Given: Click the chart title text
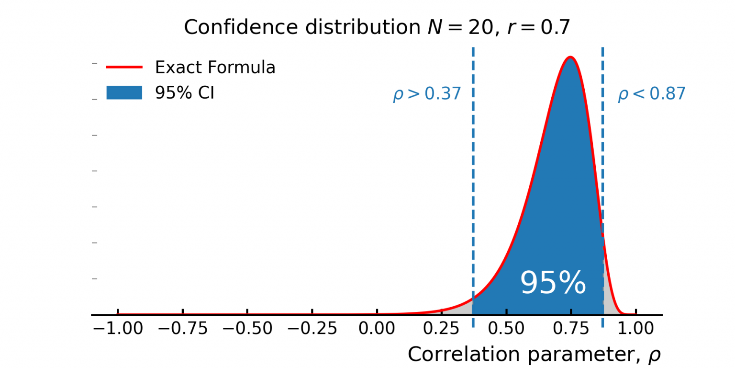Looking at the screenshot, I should pyautogui.click(x=377, y=27).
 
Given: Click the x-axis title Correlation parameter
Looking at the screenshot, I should pyautogui.click(x=534, y=355).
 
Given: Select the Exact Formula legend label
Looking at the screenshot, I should pyautogui.click(x=215, y=68).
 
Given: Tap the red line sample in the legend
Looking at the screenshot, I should pyautogui.click(x=124, y=68).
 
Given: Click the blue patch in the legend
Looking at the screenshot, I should pyautogui.click(x=124, y=93).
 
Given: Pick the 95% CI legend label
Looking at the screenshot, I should pyautogui.click(x=184, y=93).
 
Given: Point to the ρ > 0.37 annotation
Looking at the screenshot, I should pyautogui.click(x=427, y=94).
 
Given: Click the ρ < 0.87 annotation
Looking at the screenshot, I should pyautogui.click(x=652, y=94).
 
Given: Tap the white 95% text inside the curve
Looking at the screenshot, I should pyautogui.click(x=553, y=283).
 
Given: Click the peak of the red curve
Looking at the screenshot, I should pyautogui.click(x=570, y=57).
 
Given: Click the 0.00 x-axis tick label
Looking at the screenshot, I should pyautogui.click(x=377, y=329).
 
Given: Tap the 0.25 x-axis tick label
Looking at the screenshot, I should pyautogui.click(x=442, y=329).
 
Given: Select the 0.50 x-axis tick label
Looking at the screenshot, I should pyautogui.click(x=506, y=329).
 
